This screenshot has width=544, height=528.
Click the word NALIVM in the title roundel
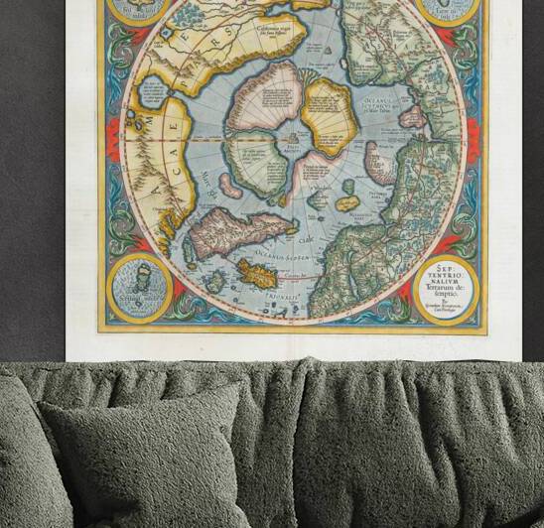pyautogui.click(x=445, y=279)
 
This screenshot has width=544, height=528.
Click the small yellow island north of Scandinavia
pyautogui.click(x=347, y=202)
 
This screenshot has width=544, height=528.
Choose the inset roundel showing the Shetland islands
pyautogui.click(x=138, y=288)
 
